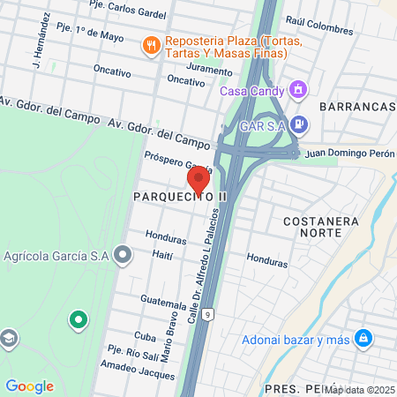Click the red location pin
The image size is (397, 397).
coord(199,179)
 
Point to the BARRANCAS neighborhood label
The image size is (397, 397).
coord(357,106)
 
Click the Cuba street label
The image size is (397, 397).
coord(145,336)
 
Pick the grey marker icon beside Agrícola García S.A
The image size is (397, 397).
coord(123,256)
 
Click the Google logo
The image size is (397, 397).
coord(29,386)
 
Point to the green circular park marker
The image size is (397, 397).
coord(78,318)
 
